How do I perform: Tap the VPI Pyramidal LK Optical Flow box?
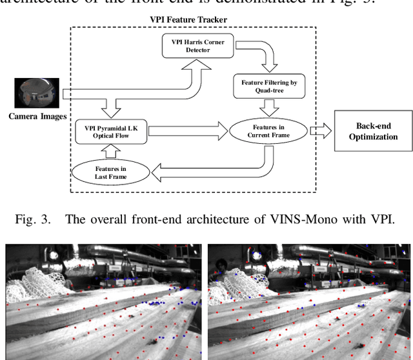click(112, 130)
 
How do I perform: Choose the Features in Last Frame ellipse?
click(112, 172)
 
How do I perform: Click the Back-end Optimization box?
click(373, 131)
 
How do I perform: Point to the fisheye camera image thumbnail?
click(32, 93)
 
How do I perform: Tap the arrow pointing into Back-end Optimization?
click(321, 131)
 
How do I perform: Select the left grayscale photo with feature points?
click(103, 302)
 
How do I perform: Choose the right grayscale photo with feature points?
click(309, 302)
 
